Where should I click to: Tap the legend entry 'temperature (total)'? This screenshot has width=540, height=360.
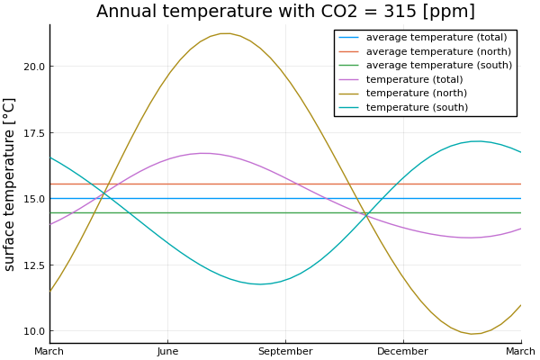(x=414, y=79)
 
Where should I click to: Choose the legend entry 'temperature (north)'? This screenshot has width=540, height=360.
(x=416, y=94)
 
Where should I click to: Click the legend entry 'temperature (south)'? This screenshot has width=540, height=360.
(x=417, y=108)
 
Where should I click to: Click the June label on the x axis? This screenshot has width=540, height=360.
(x=167, y=351)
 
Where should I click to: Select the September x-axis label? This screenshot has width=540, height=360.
(x=285, y=351)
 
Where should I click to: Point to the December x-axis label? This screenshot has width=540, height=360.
(x=402, y=351)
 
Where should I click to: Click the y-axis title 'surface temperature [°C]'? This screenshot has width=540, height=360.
(x=11, y=184)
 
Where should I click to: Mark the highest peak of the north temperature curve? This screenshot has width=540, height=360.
(x=225, y=33)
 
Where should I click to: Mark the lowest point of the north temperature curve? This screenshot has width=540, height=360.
(x=473, y=334)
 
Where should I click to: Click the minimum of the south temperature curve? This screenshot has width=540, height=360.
(x=260, y=284)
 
